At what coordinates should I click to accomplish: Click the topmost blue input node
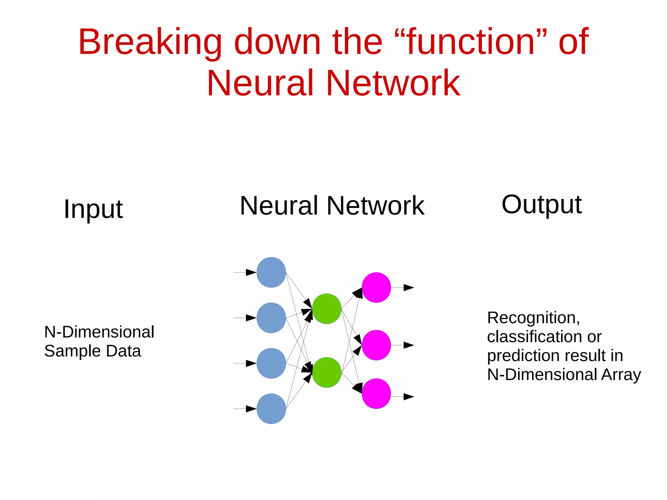[271, 272]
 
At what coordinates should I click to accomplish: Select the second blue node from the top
[271, 318]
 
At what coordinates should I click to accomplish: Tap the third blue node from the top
[271, 363]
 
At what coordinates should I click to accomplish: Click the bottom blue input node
[271, 408]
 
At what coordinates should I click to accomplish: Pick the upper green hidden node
[327, 308]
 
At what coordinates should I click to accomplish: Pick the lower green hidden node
[327, 372]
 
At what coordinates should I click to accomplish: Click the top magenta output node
[376, 287]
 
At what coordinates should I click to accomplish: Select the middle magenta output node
[376, 345]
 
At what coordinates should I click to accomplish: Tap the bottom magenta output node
[376, 393]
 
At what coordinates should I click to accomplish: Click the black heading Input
[93, 209]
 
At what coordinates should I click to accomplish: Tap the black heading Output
[541, 205]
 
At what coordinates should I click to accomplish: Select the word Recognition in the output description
[533, 318]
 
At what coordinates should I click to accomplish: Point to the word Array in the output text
[621, 375]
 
